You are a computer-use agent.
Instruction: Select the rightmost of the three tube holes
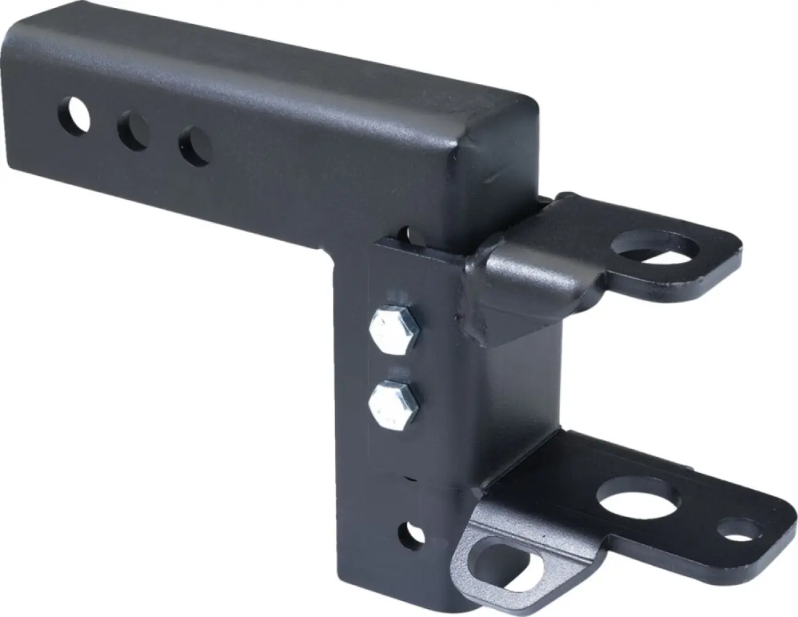click(195, 143)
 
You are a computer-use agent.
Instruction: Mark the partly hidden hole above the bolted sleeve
click(404, 234)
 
